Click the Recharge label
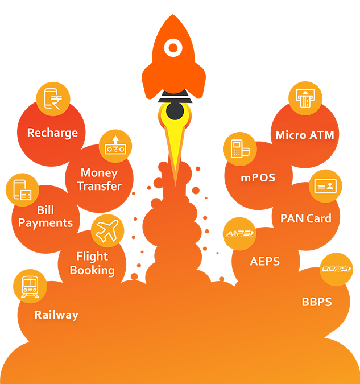tap(52, 133)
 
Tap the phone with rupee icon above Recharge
tap(53, 98)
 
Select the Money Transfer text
tap(99, 179)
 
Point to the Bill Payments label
tap(45, 216)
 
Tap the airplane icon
tap(107, 230)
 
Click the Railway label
tap(56, 315)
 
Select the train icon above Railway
tap(30, 286)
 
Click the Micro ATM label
tap(305, 135)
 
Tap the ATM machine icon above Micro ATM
tap(305, 99)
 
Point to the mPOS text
tap(258, 177)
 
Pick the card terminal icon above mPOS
tap(239, 149)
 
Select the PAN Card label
tap(306, 218)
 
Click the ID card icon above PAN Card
tap(326, 186)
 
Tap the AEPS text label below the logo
tap(265, 261)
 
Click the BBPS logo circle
tap(336, 269)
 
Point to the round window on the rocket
tap(173, 46)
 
